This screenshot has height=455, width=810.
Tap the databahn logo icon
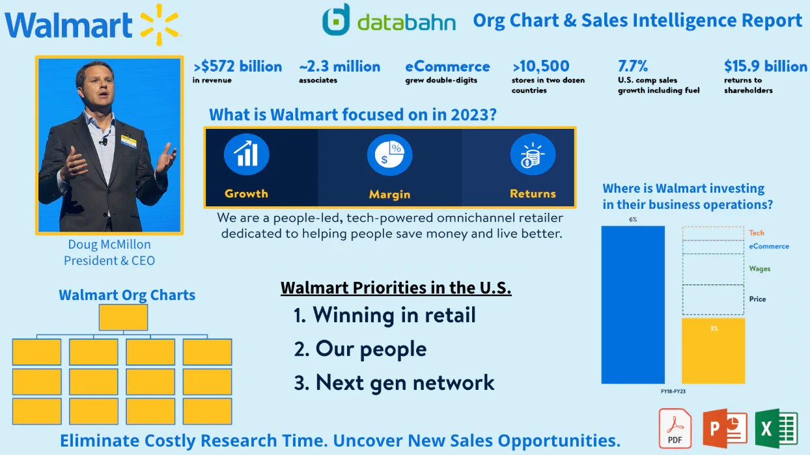(x=336, y=20)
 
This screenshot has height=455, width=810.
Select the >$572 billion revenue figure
(x=238, y=66)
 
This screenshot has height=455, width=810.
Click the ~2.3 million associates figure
(x=339, y=66)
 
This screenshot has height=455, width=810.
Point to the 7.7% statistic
(x=633, y=66)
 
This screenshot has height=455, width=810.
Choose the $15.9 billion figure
(x=765, y=66)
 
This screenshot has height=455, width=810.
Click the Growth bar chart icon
(x=246, y=155)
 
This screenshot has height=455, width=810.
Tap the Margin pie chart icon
(x=389, y=155)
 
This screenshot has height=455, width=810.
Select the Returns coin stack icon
(x=533, y=155)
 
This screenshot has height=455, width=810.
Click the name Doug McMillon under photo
(x=109, y=245)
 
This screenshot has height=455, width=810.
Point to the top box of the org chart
(x=123, y=318)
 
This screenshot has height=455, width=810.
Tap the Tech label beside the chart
(x=757, y=233)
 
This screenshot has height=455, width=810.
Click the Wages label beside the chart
(x=759, y=268)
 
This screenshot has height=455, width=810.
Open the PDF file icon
(x=675, y=428)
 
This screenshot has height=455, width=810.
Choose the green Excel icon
(x=776, y=428)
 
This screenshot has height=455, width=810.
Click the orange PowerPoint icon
(x=725, y=428)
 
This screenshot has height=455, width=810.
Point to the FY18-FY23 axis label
(x=673, y=391)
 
